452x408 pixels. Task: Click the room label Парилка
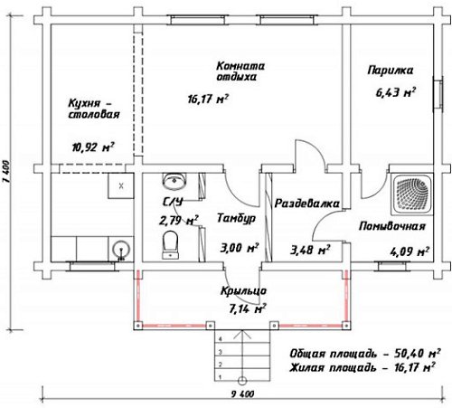point(391,71)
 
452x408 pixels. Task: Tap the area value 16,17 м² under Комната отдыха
point(208,99)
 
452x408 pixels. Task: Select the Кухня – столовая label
point(94,109)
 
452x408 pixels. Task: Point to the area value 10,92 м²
point(93,147)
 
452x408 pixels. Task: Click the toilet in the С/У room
point(170,245)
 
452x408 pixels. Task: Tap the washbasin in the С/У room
point(174,181)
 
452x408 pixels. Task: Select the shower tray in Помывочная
point(412,195)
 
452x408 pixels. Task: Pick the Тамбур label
point(236,218)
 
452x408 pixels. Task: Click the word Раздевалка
point(307,204)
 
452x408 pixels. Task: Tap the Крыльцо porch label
point(243,291)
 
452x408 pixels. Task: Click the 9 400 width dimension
point(243,394)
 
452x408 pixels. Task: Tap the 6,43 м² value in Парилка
point(396,92)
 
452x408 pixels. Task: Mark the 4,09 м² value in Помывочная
point(410,251)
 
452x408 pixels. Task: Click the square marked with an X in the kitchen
point(121,185)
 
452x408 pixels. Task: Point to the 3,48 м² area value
point(310,250)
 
